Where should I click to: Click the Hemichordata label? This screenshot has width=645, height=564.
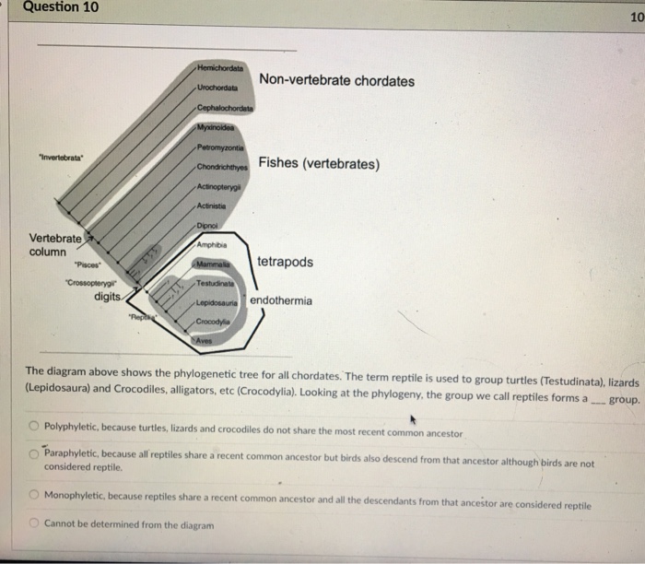pos(220,69)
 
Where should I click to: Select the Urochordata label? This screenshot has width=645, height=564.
pos(218,87)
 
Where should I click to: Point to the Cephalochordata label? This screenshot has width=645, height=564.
pos(225,109)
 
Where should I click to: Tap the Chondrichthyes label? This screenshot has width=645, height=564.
pos(222,167)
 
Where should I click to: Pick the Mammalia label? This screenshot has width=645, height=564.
pos(212,264)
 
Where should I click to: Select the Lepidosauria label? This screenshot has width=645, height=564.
pos(217,301)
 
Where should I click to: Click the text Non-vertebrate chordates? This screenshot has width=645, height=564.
pos(336,81)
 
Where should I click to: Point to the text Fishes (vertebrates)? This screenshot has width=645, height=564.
pos(319,164)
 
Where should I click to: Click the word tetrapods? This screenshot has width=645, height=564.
pos(285,263)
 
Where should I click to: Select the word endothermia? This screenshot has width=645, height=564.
pos(281,300)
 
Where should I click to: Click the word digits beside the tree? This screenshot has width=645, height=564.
pos(110,297)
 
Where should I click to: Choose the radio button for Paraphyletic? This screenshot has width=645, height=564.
pos(33,453)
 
